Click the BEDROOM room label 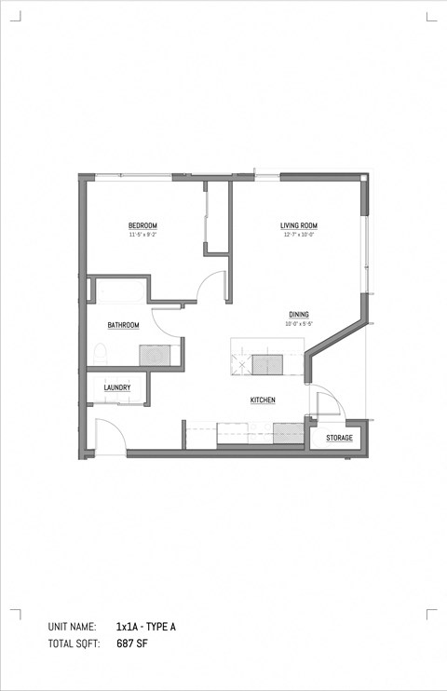pos(142,225)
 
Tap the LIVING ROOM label pos(300,225)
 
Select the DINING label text pos(298,315)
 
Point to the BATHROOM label pos(123,325)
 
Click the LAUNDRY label pos(116,387)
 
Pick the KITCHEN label pos(263,400)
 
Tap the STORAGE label pos(339,437)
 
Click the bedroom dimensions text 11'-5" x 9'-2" pos(142,235)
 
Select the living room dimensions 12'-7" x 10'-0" pos(300,235)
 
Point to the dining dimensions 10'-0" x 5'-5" pos(298,324)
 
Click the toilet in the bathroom pos(100,353)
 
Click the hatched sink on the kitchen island pos(268,361)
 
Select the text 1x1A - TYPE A pos(146,627)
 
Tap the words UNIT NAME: pos(72,627)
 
